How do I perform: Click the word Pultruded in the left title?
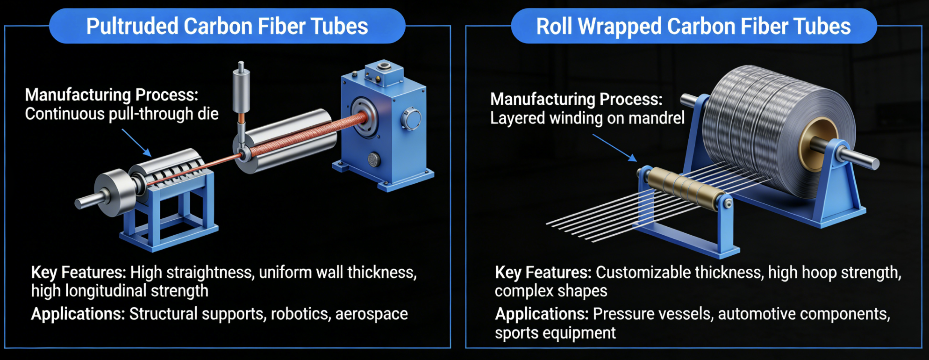click(132, 27)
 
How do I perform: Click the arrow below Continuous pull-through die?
click(136, 143)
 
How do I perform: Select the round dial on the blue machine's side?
click(411, 119)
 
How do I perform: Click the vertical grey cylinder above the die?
click(241, 91)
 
